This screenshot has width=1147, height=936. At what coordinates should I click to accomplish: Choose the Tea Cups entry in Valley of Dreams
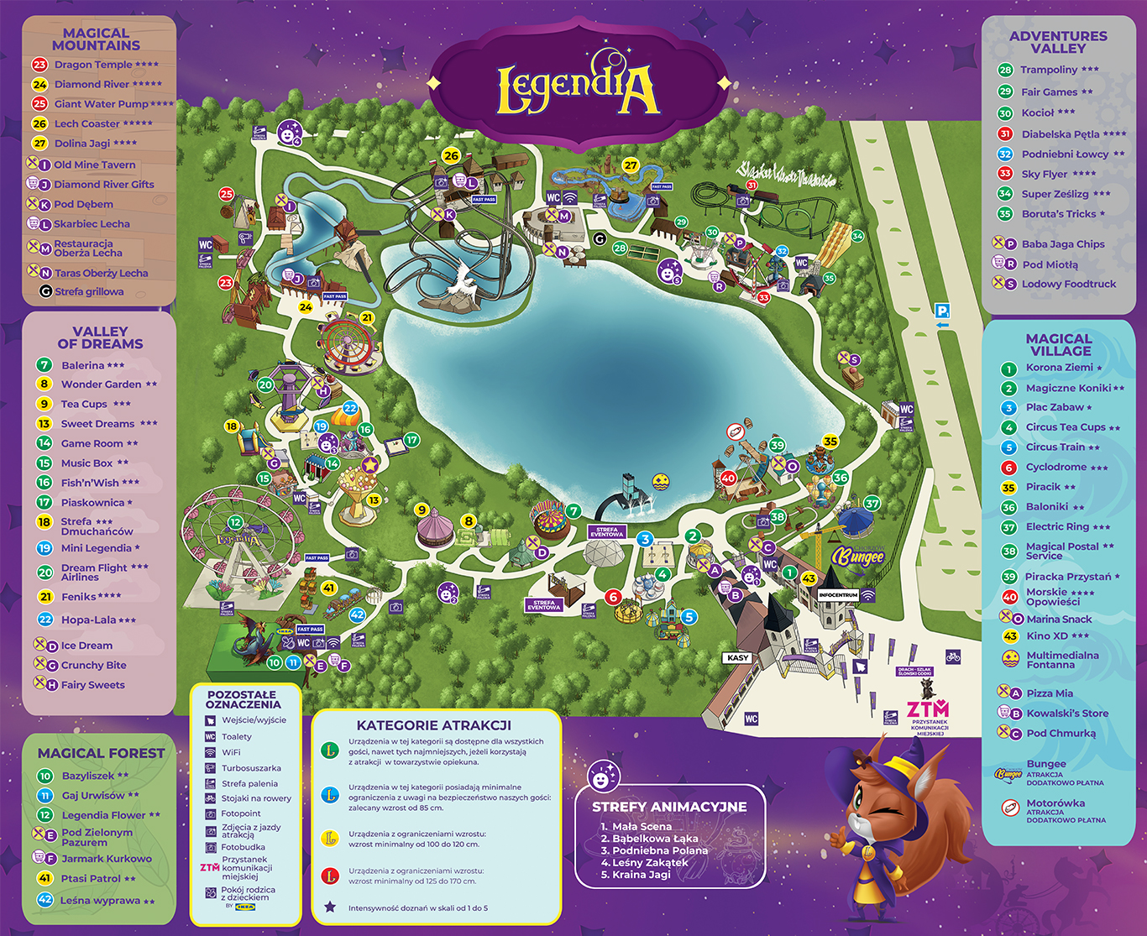point(84,404)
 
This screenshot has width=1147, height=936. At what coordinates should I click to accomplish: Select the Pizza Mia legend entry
point(1050,693)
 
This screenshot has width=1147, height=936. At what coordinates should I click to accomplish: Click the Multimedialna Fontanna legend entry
point(1061,660)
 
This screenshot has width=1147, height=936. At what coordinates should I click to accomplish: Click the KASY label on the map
point(738,658)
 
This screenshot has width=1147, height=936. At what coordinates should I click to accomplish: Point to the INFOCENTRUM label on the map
point(837,594)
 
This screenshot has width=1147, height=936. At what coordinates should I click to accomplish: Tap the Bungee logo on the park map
point(858,556)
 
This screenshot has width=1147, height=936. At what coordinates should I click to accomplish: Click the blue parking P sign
point(942,311)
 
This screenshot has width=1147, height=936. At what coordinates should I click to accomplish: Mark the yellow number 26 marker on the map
point(452,155)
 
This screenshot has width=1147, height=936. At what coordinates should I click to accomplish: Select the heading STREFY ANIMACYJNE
point(669,807)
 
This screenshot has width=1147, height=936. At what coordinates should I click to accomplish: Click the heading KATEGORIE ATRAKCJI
point(433,725)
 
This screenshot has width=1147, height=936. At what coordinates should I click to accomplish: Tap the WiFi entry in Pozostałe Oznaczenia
point(231,752)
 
